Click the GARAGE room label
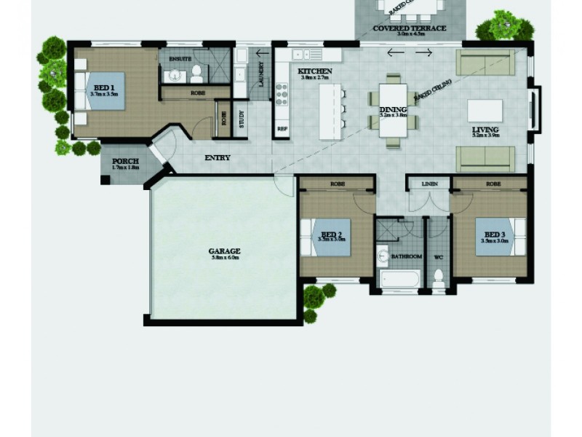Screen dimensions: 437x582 226,251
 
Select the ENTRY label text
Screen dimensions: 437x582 218,157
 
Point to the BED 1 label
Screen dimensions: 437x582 104,87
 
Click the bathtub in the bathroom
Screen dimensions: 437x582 401,278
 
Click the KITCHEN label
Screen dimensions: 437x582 315,71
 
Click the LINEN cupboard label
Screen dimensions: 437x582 429,184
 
